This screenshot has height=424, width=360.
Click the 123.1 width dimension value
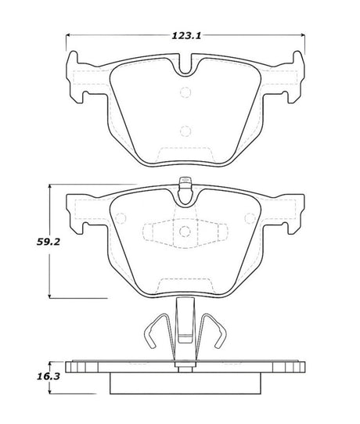[185, 35]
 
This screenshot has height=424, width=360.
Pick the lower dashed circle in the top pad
[185, 131]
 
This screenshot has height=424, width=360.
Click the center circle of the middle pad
[185, 232]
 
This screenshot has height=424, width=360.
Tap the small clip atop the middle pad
[185, 187]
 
